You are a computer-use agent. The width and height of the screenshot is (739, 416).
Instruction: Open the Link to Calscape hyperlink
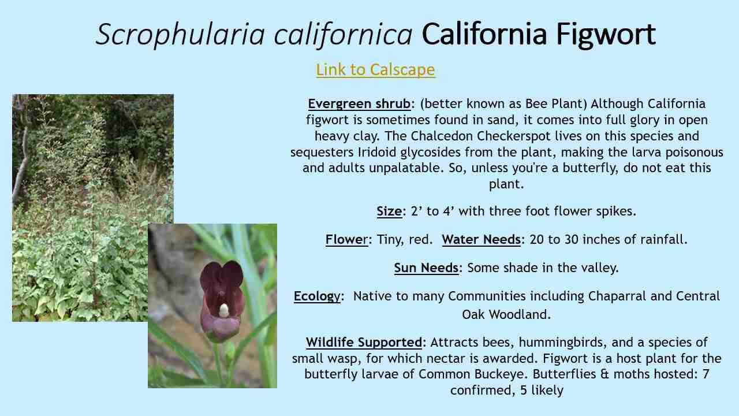[375, 69]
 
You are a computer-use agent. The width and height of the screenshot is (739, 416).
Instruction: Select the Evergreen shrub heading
[359, 104]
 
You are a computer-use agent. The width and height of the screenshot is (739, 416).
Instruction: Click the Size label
[389, 211]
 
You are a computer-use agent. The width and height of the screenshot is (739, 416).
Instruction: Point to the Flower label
[346, 239]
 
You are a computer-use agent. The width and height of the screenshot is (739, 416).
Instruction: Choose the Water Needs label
[481, 239]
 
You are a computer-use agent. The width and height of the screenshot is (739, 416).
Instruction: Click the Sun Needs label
[426, 268]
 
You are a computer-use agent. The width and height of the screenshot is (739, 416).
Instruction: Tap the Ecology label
[317, 296]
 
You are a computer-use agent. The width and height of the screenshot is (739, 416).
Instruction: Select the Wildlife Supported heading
[364, 342]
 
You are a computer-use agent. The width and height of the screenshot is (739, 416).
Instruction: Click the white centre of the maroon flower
[224, 310]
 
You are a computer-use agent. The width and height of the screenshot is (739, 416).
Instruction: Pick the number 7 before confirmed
[706, 374]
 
